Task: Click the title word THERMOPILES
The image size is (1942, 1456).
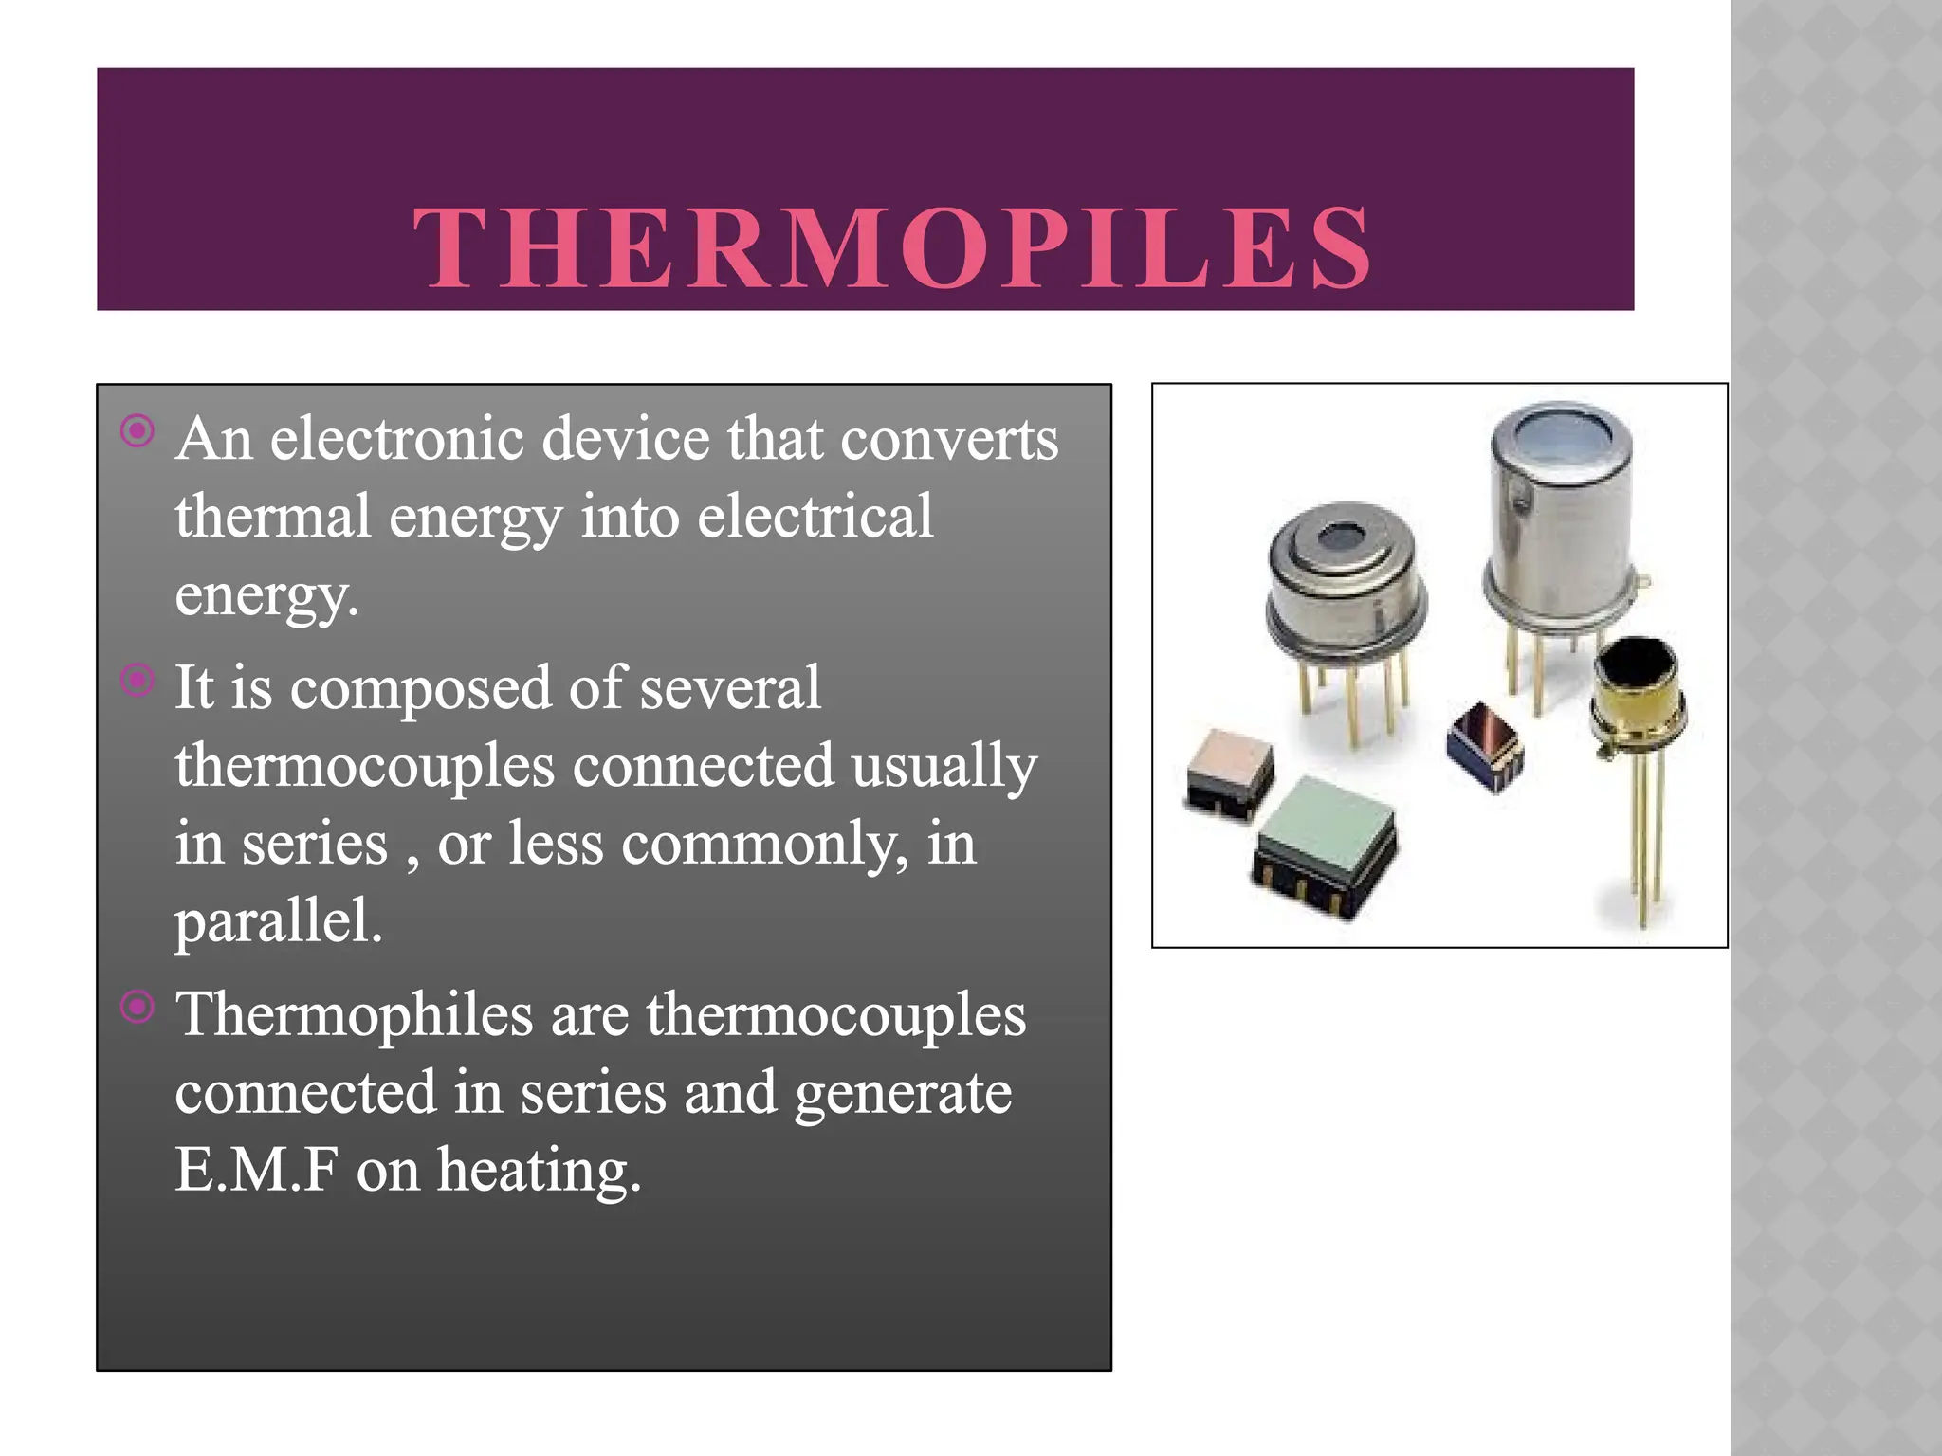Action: (891, 248)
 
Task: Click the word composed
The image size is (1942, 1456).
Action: (420, 689)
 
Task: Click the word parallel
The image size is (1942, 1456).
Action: (279, 921)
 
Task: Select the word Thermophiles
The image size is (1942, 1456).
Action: (355, 1014)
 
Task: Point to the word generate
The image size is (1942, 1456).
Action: (903, 1093)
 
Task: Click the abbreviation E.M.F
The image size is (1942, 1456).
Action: (256, 1170)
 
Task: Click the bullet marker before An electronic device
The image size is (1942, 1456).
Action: (137, 431)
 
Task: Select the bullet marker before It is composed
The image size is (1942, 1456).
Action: (137, 680)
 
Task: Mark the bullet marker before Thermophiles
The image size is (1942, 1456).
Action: (137, 1007)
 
